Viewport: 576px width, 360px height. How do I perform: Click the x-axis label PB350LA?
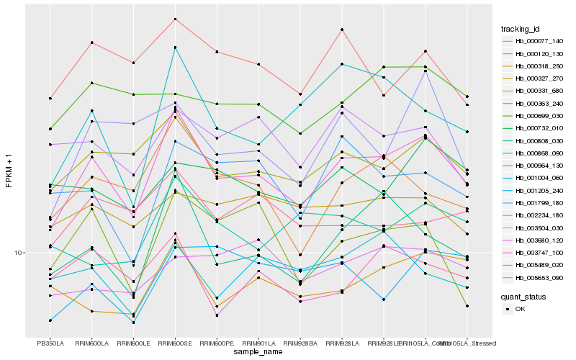pos(50,343)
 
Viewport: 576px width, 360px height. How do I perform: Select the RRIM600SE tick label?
pos(175,343)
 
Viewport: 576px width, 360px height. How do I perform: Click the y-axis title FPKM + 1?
pos(9,171)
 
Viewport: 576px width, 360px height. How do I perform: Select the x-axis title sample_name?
pos(258,352)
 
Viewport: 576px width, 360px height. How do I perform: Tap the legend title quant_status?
pos(524,296)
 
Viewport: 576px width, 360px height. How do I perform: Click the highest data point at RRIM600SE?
pos(175,19)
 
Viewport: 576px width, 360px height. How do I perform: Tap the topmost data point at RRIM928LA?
pos(342,30)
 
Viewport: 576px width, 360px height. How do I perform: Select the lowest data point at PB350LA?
pos(50,320)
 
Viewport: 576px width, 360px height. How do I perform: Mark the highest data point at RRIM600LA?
pos(92,42)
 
